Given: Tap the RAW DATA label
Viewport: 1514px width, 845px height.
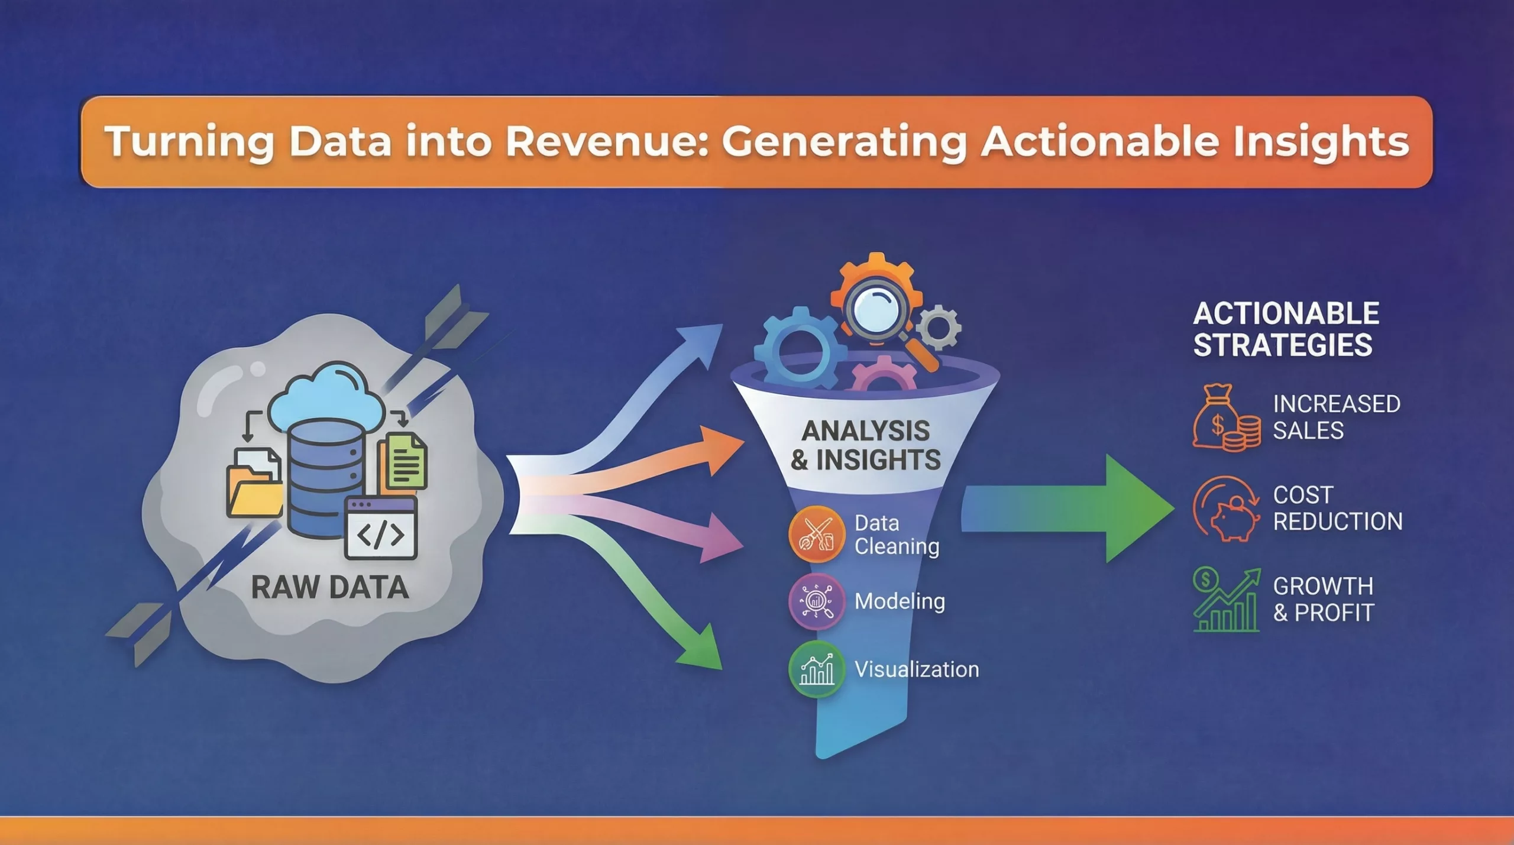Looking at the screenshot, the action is (x=330, y=587).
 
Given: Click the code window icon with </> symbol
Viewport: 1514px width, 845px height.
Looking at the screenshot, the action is (x=381, y=528).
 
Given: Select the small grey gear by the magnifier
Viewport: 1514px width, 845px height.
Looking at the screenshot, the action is (x=939, y=327).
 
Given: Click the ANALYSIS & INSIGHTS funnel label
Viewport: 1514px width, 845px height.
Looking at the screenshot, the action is (x=866, y=445).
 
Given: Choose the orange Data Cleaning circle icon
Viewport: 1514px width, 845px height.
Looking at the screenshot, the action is (x=817, y=535).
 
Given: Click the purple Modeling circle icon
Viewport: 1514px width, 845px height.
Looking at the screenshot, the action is (x=817, y=601).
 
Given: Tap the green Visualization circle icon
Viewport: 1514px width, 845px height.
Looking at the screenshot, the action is (x=817, y=669).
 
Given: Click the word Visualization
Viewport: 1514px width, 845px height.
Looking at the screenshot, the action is (x=917, y=669).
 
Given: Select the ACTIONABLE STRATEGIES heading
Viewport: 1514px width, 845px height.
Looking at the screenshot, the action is (x=1286, y=329).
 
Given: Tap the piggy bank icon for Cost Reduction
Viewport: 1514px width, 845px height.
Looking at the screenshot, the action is (x=1227, y=509).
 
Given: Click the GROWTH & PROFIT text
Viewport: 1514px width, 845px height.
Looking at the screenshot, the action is (x=1324, y=600).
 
